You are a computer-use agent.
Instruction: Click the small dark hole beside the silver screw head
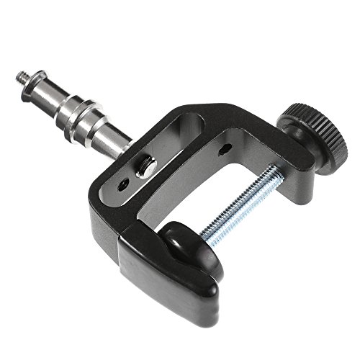tap(125, 184)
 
